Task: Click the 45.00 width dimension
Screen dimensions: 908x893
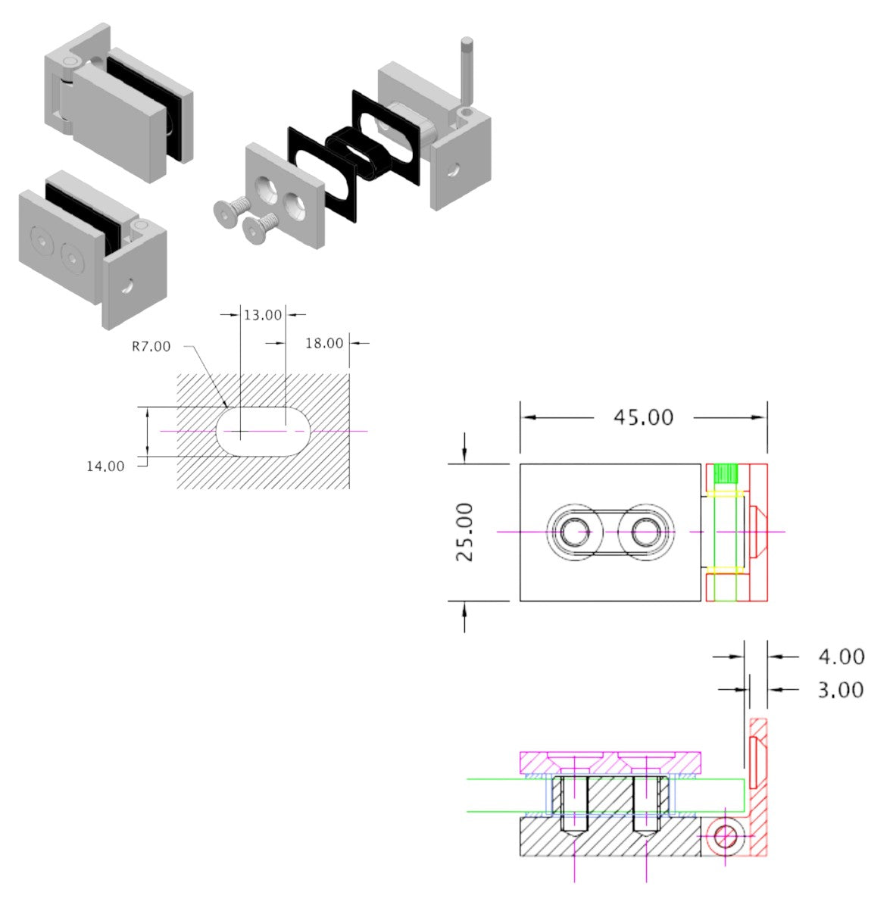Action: pos(643,417)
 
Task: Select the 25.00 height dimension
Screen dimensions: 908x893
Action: pos(465,532)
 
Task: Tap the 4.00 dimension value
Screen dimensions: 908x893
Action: pos(841,657)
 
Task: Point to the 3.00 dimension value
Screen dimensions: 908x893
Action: pos(841,690)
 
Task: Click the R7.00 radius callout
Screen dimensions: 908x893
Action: pos(151,347)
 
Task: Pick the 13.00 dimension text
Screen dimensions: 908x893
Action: pos(262,314)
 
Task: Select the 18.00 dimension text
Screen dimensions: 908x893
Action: pos(323,343)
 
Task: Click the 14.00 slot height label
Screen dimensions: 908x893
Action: pos(105,466)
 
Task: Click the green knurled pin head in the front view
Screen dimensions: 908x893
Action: pos(726,474)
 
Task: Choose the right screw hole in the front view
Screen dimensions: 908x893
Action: pos(646,532)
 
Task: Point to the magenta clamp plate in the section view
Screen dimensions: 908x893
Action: pos(610,763)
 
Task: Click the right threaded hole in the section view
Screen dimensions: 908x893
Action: pos(645,807)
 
